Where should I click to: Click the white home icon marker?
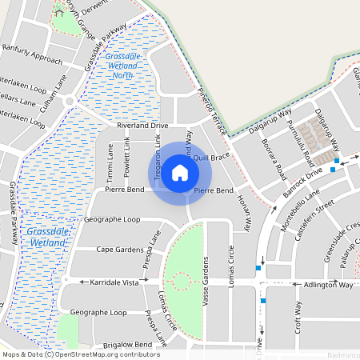[x=180, y=173]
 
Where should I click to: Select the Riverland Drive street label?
[x=142, y=126]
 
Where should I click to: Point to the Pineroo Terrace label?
[x=217, y=111]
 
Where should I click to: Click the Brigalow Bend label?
[x=122, y=344]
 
